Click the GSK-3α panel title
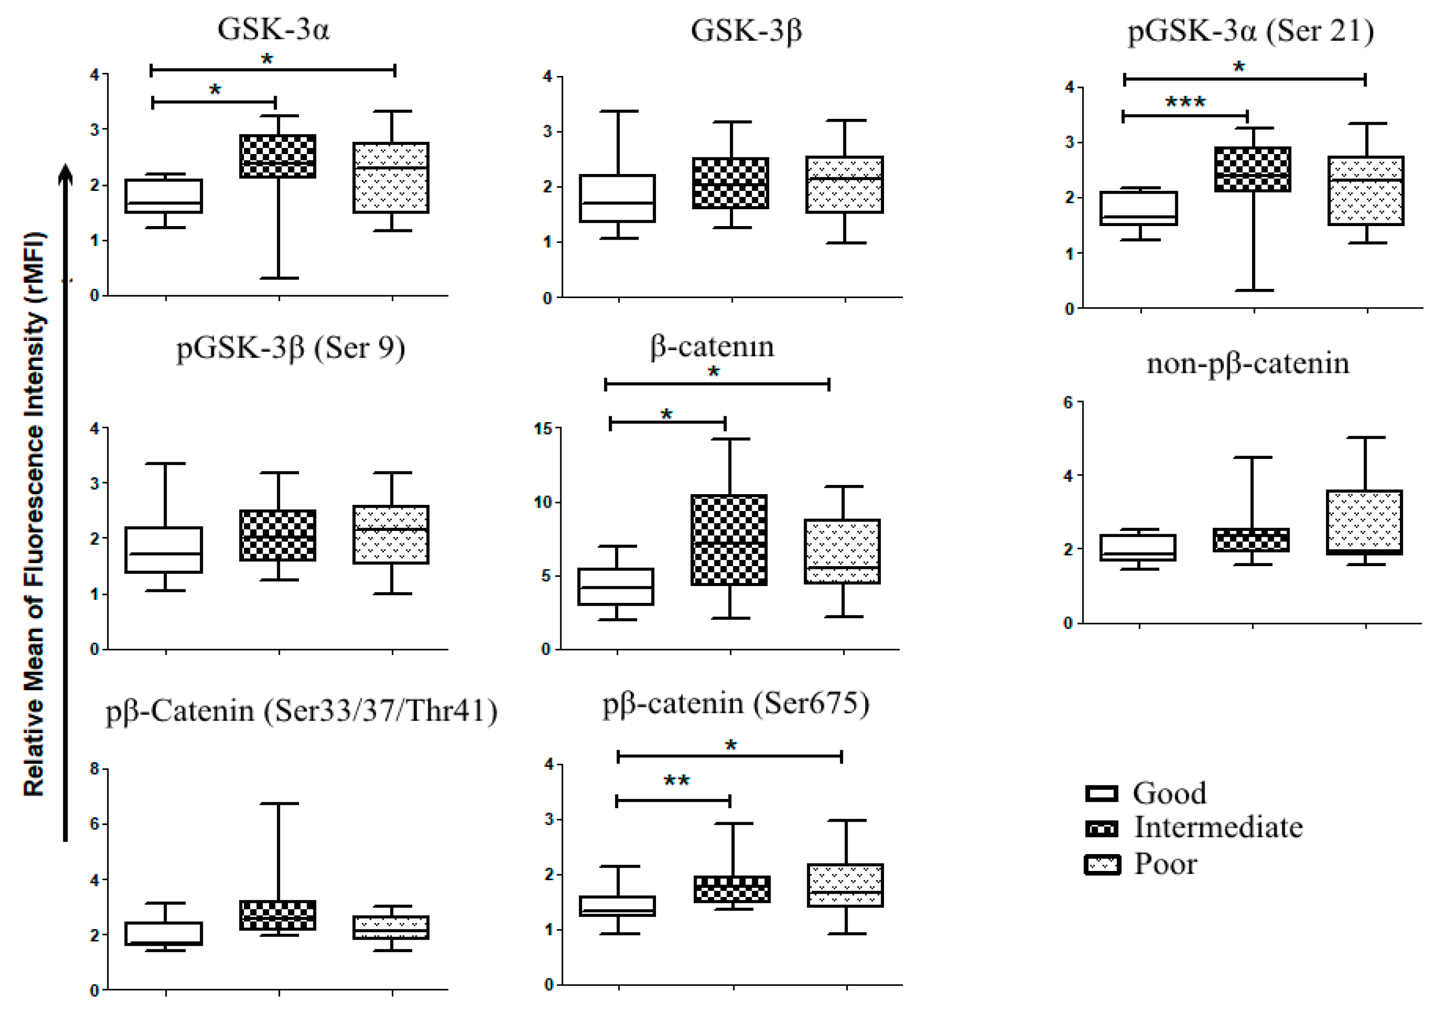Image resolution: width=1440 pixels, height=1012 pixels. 273,29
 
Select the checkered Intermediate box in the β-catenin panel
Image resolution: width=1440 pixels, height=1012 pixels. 729,540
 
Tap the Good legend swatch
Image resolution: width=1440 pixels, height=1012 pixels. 1102,793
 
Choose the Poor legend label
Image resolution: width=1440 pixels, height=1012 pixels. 1165,864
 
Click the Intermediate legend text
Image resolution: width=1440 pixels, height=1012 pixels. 1218,827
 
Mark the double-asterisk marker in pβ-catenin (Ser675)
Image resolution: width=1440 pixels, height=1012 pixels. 677,781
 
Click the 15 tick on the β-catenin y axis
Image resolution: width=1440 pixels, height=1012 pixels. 542,429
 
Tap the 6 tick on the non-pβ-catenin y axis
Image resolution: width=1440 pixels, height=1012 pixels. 1068,402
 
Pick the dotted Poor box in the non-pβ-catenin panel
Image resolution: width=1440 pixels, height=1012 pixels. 1365,522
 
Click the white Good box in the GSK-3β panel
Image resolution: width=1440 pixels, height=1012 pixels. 618,198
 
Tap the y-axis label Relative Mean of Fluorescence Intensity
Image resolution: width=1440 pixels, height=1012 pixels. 34,514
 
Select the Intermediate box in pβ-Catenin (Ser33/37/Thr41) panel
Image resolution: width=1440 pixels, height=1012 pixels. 278,915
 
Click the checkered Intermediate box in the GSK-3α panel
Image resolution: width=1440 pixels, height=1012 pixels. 278,156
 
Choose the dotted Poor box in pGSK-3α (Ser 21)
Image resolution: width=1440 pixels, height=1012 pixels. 1366,191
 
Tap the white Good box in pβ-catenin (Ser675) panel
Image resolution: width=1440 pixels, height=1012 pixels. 618,906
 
